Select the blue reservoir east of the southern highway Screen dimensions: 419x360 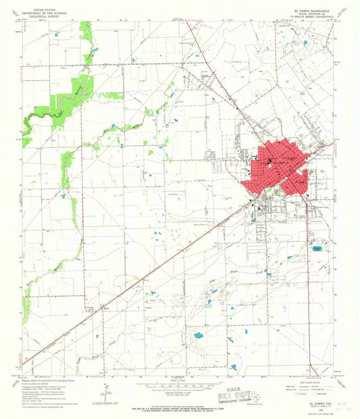point(317,249)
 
